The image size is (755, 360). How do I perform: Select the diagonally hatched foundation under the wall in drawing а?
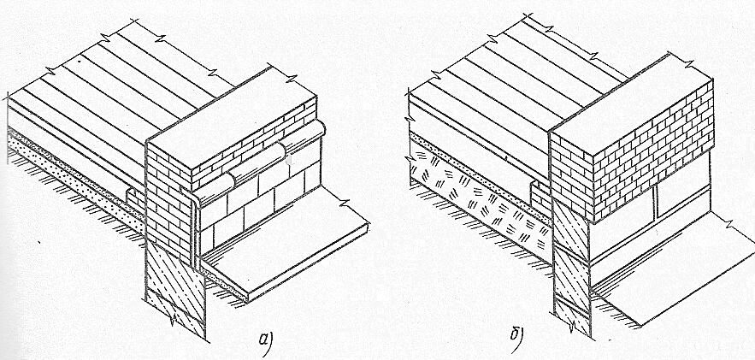175,289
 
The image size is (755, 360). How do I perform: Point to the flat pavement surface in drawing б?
674,269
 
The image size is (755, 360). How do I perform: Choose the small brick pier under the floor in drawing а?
136,201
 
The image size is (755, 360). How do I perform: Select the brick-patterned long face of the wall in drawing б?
653,154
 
